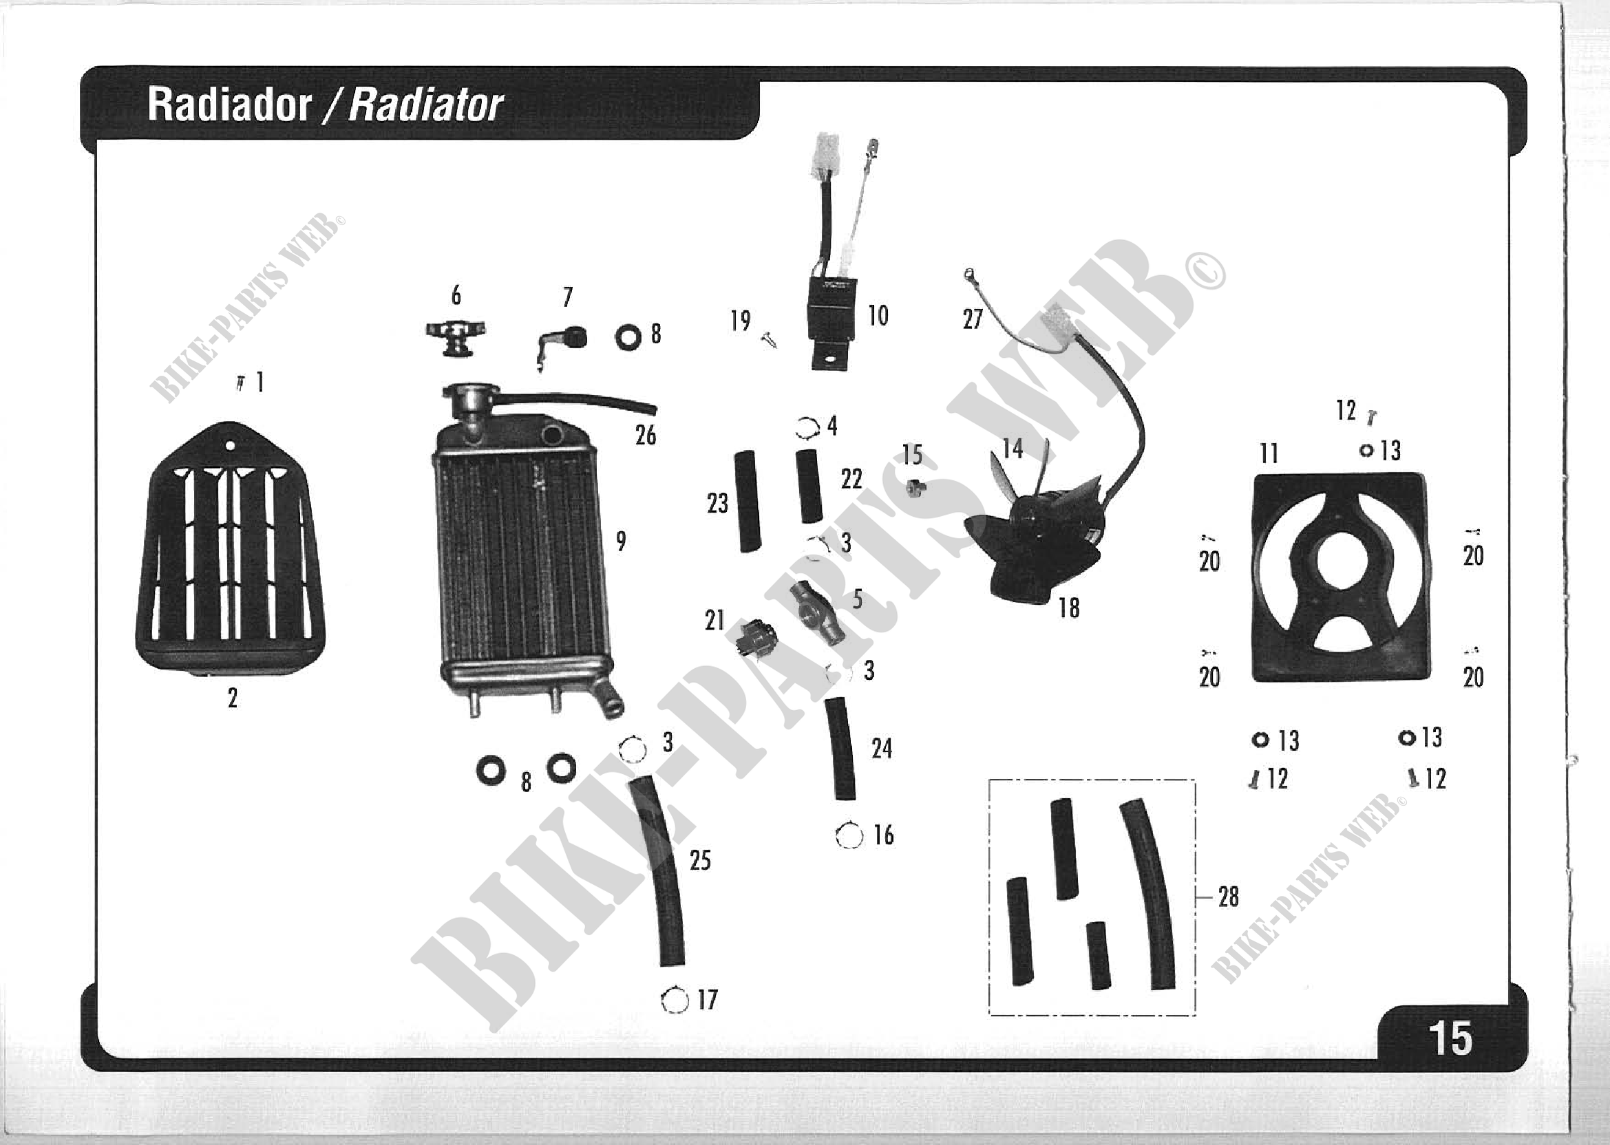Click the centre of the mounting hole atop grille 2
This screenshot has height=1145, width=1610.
click(x=230, y=446)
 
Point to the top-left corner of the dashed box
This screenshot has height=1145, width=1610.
click(x=989, y=780)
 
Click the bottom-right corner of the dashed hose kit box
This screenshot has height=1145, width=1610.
click(x=1196, y=1015)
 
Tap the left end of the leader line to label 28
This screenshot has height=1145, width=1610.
click(x=1196, y=897)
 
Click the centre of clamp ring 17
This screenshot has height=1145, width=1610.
click(x=675, y=1000)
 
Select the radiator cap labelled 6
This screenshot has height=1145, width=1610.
click(x=456, y=337)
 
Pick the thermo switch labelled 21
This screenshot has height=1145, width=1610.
click(x=755, y=637)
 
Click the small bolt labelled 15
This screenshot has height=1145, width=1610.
click(x=915, y=486)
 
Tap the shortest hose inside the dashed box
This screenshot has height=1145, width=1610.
click(x=1097, y=954)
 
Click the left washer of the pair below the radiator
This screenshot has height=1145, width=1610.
click(x=490, y=770)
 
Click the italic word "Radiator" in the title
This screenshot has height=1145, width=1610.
click(x=425, y=105)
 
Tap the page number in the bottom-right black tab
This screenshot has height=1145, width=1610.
click(x=1450, y=1038)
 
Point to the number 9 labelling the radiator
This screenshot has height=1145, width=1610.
click(x=621, y=542)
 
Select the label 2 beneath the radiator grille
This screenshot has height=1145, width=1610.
click(x=233, y=698)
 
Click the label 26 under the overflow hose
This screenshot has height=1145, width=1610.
click(x=645, y=436)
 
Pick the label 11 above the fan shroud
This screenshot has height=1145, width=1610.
click(x=1269, y=453)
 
